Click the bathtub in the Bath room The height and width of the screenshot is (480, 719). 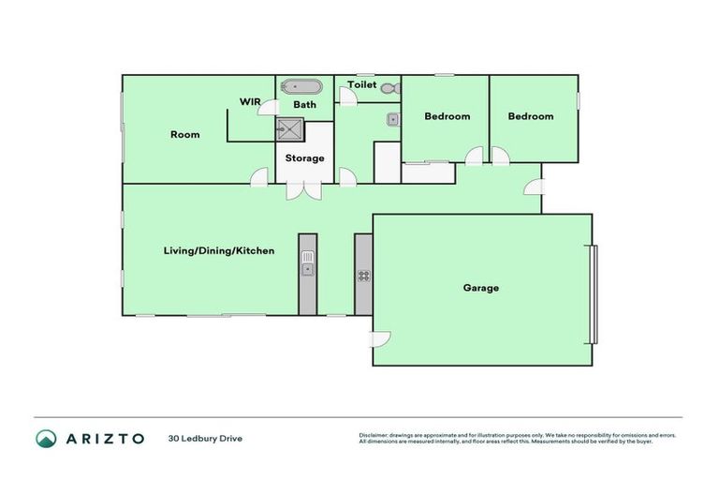[301, 87]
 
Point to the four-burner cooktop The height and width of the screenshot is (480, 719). [363, 276]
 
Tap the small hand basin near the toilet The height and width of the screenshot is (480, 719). [394, 119]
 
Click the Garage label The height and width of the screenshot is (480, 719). [480, 288]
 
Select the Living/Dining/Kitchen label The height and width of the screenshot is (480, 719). [218, 251]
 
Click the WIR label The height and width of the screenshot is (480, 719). [250, 101]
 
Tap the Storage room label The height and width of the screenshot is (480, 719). [305, 157]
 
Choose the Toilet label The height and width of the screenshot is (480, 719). [362, 85]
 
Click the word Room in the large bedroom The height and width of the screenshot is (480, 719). [184, 135]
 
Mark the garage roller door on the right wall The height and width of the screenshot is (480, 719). [592, 293]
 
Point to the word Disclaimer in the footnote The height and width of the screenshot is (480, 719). [375, 435]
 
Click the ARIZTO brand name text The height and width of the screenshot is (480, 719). [103, 438]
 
